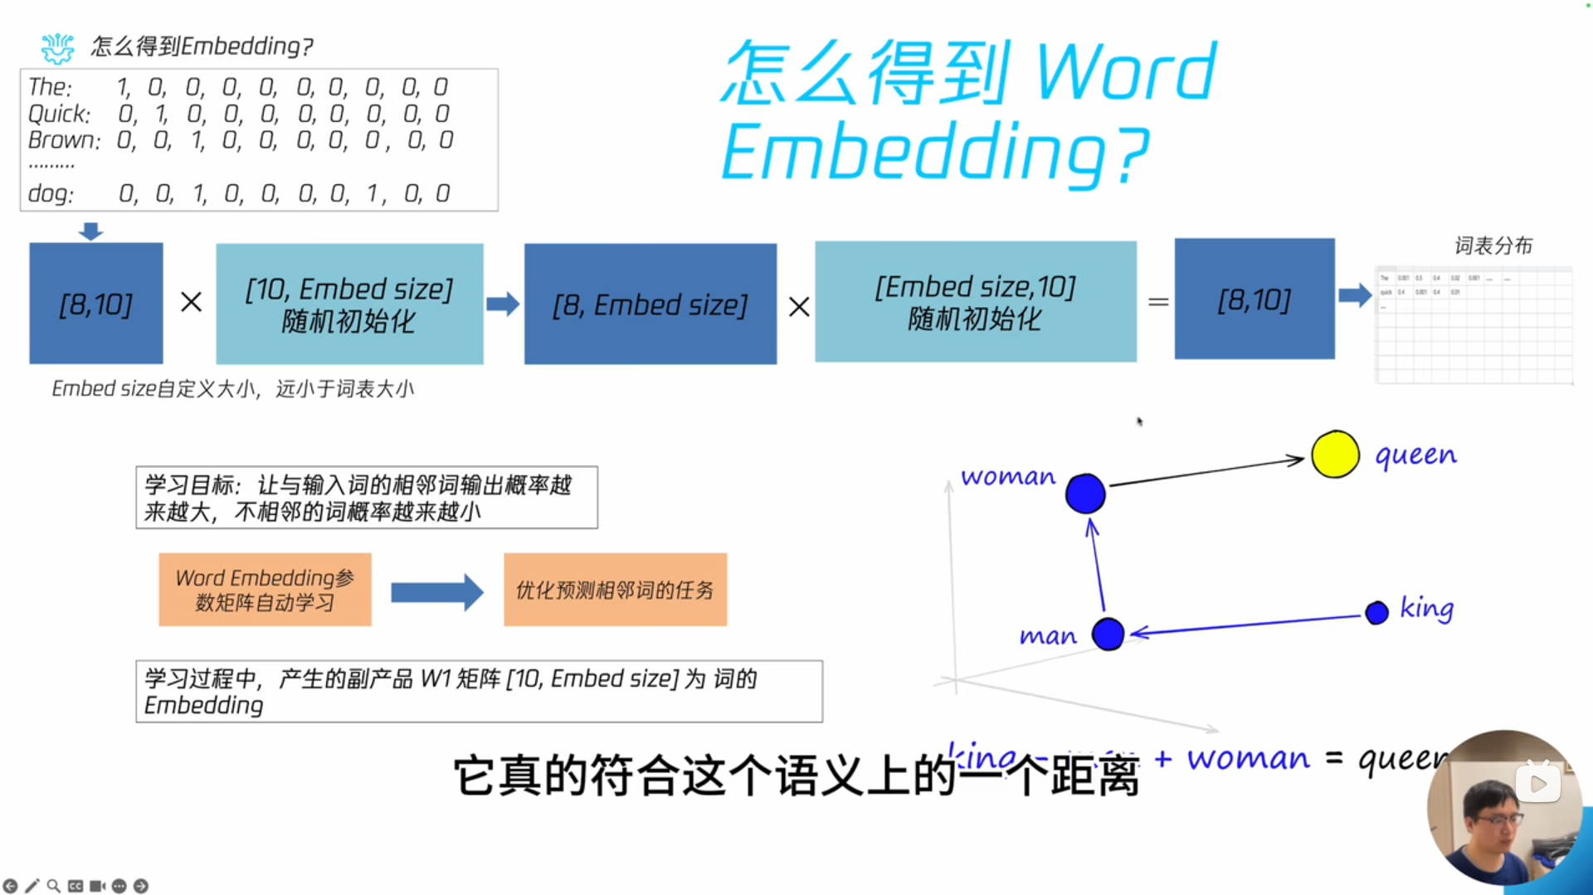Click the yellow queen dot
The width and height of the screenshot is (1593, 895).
tap(1335, 455)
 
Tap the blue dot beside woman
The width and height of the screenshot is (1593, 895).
tap(1085, 494)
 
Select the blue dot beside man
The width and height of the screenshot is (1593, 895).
tap(1108, 635)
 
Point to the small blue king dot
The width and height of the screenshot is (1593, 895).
tap(1376, 613)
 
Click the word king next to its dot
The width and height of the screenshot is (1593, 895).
tap(1426, 608)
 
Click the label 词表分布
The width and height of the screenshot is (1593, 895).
tap(1493, 246)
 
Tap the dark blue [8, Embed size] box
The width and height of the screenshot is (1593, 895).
tap(650, 304)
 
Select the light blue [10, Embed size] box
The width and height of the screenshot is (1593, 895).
tap(349, 304)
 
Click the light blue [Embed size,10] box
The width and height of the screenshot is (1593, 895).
tap(976, 302)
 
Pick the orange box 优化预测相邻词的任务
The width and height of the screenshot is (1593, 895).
tap(615, 590)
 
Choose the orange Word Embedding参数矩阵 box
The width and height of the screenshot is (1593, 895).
tap(265, 590)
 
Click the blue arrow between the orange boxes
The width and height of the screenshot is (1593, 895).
tap(436, 592)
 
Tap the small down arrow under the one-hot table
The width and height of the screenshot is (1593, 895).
tap(90, 231)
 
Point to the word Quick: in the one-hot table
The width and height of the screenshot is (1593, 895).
tap(59, 114)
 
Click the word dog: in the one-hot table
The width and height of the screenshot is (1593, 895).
tap(51, 194)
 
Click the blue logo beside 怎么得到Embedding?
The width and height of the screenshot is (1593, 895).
tap(57, 48)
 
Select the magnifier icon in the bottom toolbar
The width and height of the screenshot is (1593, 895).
tap(53, 886)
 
